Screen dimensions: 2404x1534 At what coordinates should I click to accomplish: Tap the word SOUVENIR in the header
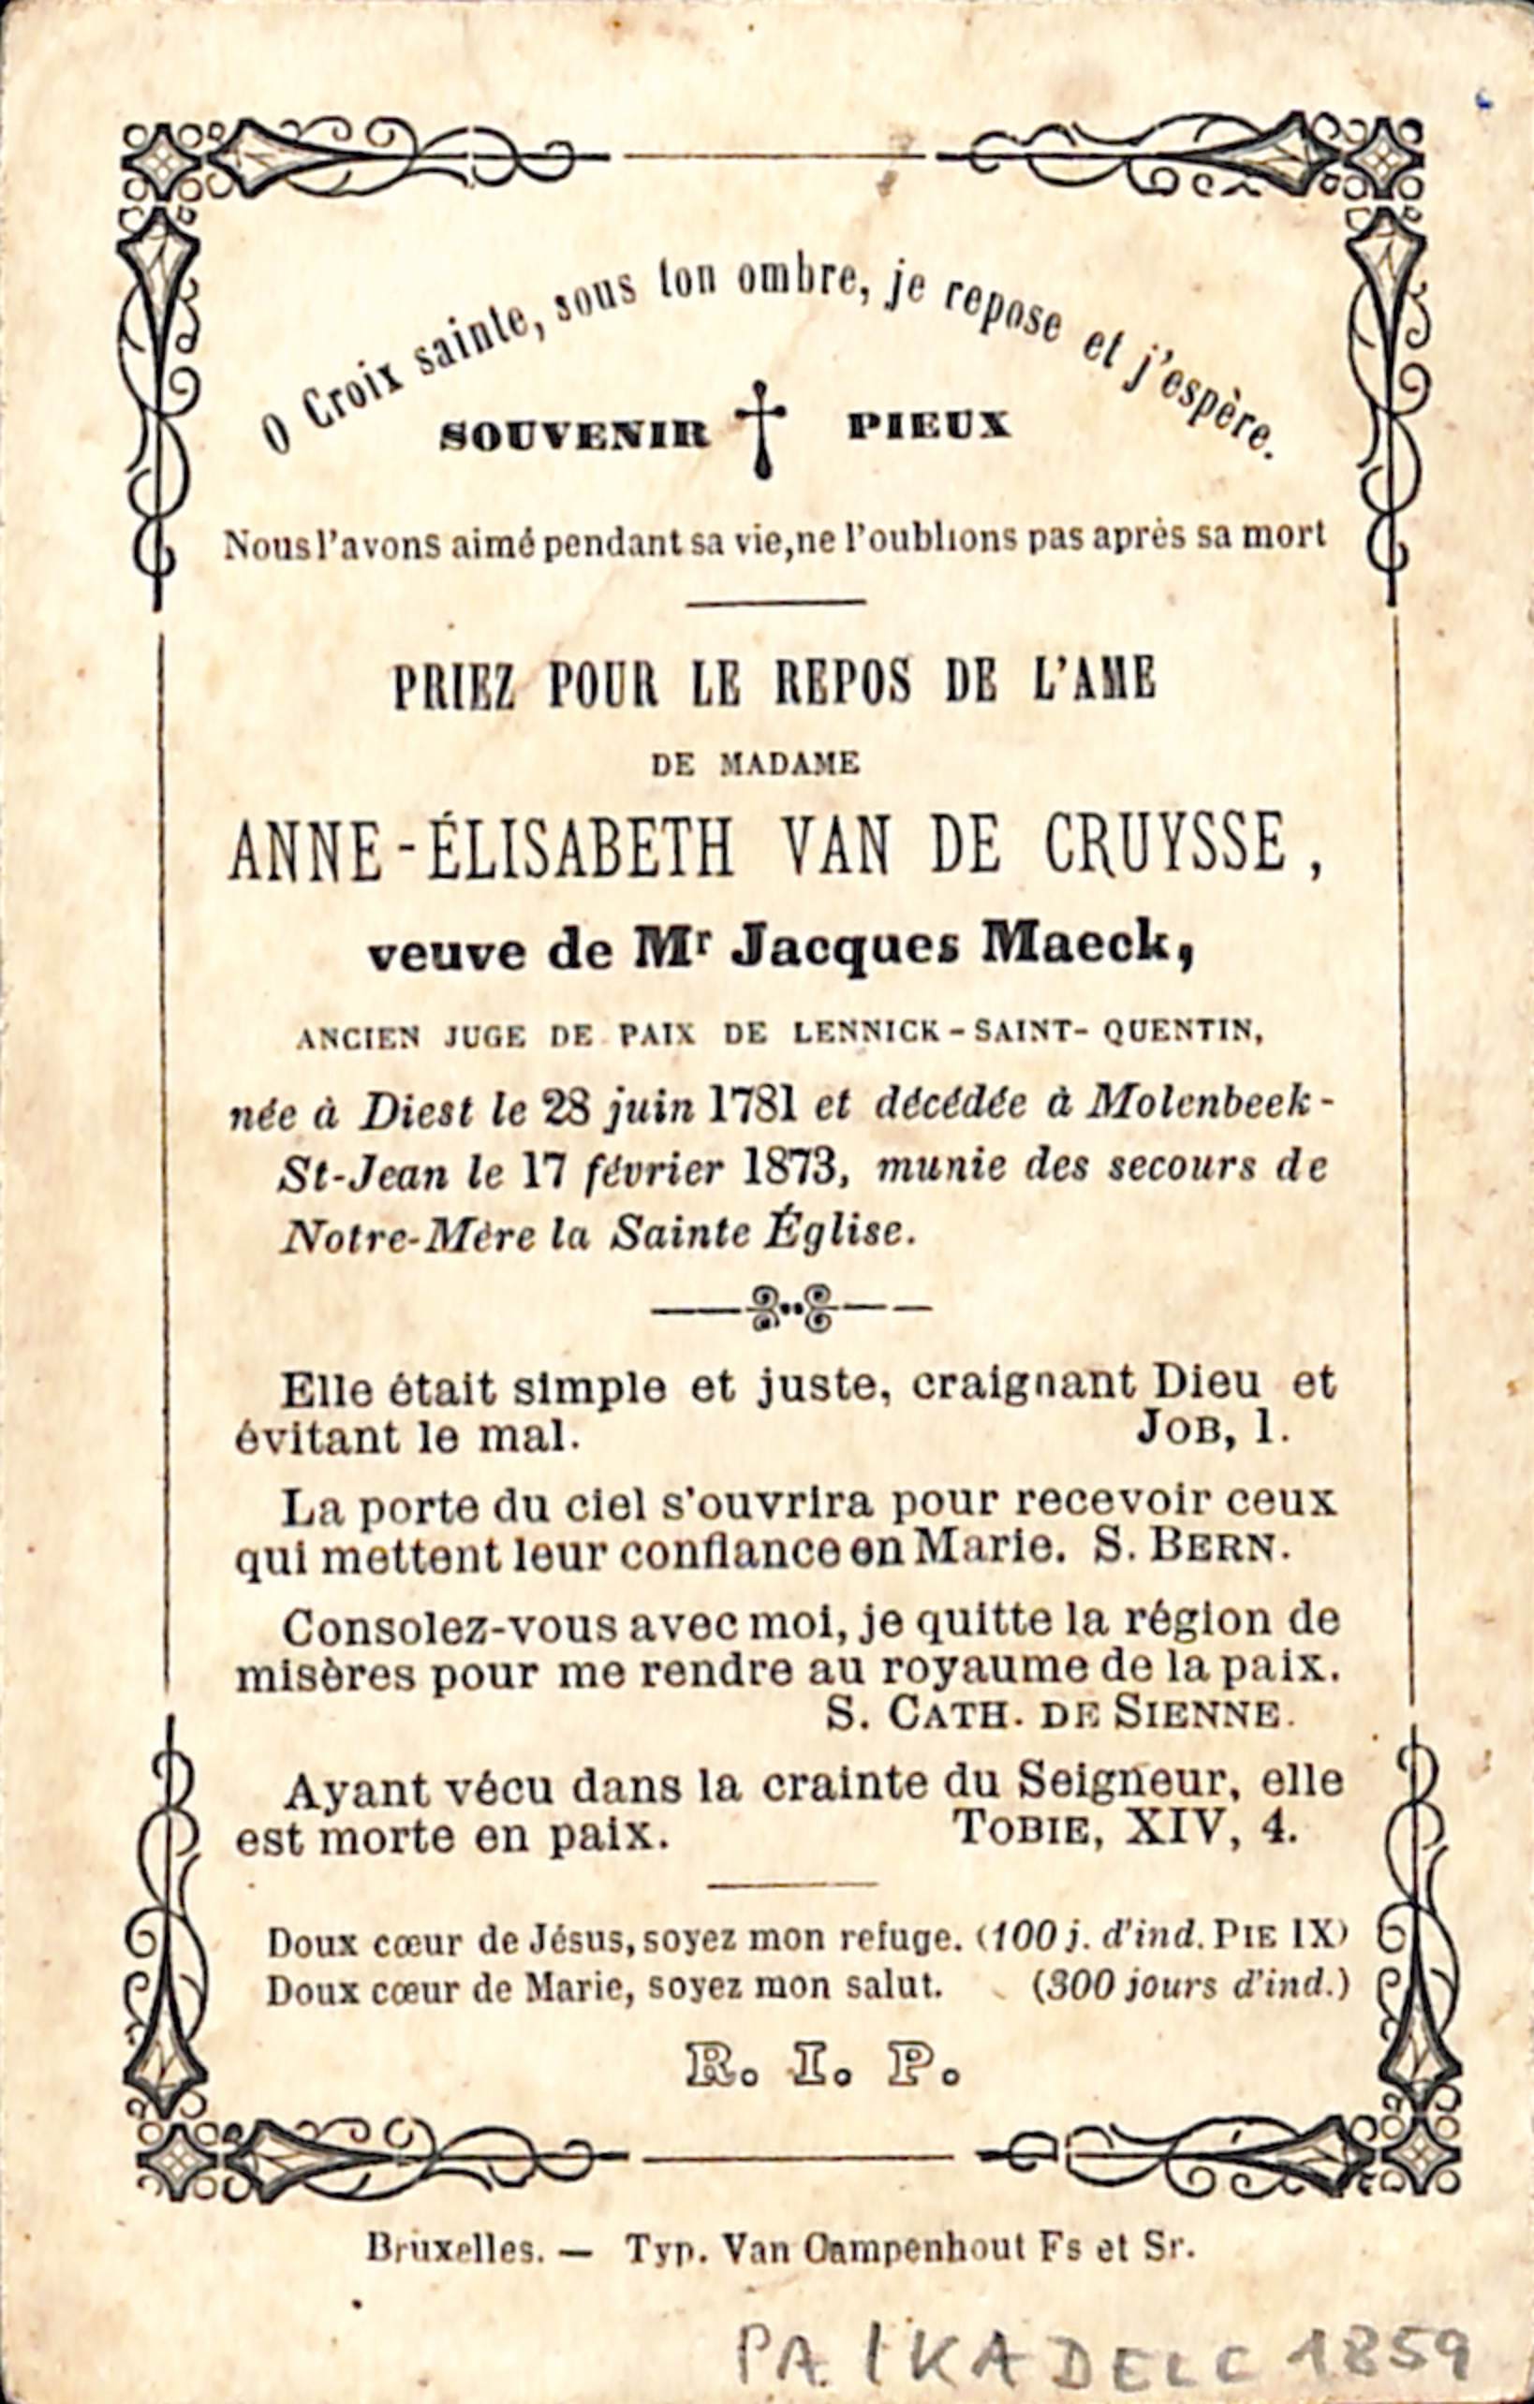point(574,433)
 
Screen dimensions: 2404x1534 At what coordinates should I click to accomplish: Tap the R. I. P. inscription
point(822,2065)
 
